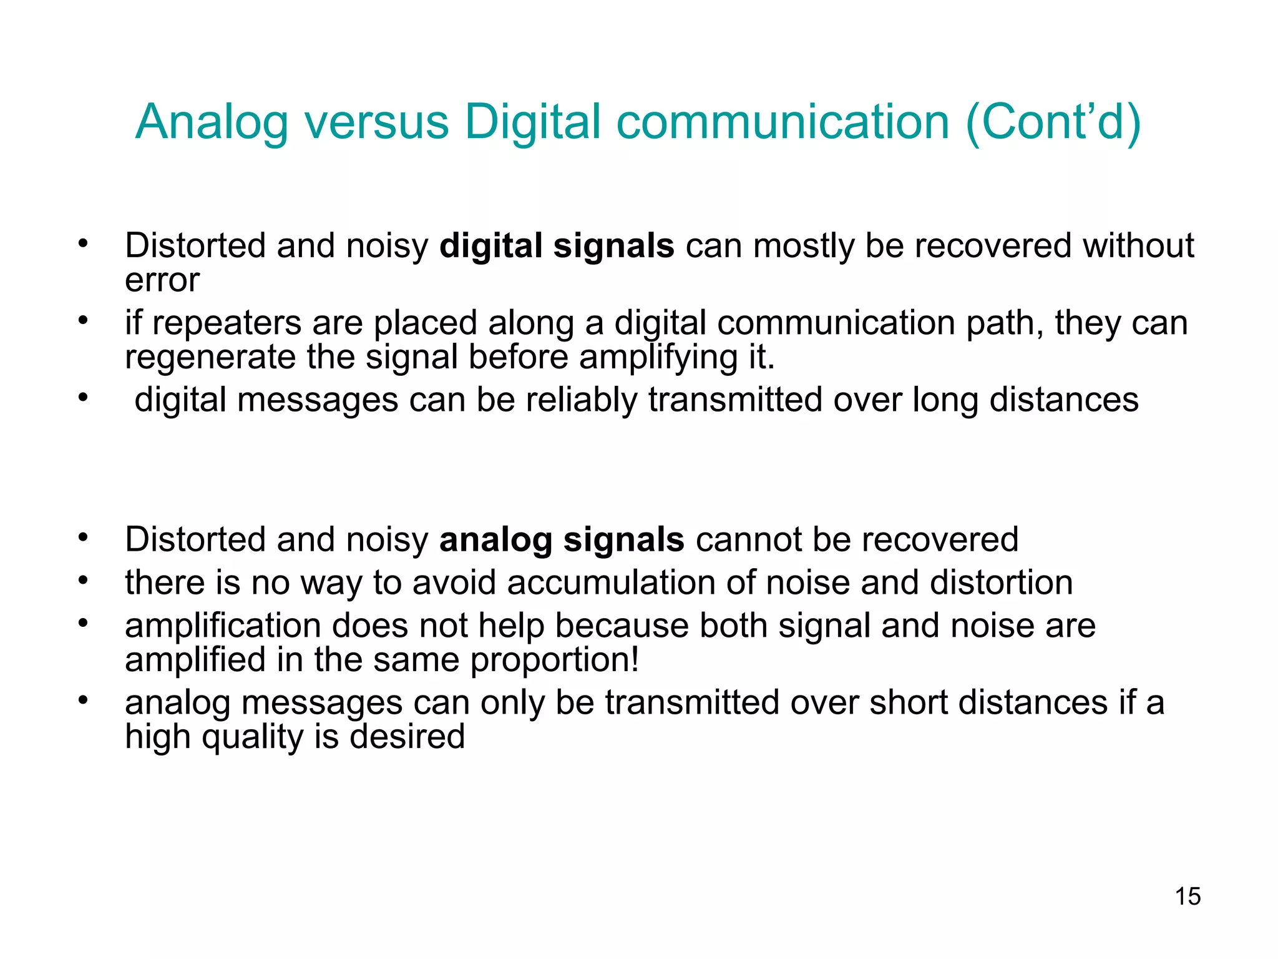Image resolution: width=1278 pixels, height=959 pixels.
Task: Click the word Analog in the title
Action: [x=212, y=122]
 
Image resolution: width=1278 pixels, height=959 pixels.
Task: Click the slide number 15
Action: [x=1188, y=897]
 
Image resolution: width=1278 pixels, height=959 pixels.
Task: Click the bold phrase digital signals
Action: [x=557, y=246]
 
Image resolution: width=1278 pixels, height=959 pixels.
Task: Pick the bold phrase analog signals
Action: [x=562, y=540]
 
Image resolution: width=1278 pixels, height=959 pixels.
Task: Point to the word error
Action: [x=162, y=280]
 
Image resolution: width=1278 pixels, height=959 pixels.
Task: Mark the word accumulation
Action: [x=610, y=583]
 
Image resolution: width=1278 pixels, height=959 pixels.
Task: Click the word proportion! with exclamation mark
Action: [x=555, y=660]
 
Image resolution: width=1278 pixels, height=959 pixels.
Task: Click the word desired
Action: [x=407, y=737]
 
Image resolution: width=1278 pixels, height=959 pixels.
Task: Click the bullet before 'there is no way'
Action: [x=84, y=581]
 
